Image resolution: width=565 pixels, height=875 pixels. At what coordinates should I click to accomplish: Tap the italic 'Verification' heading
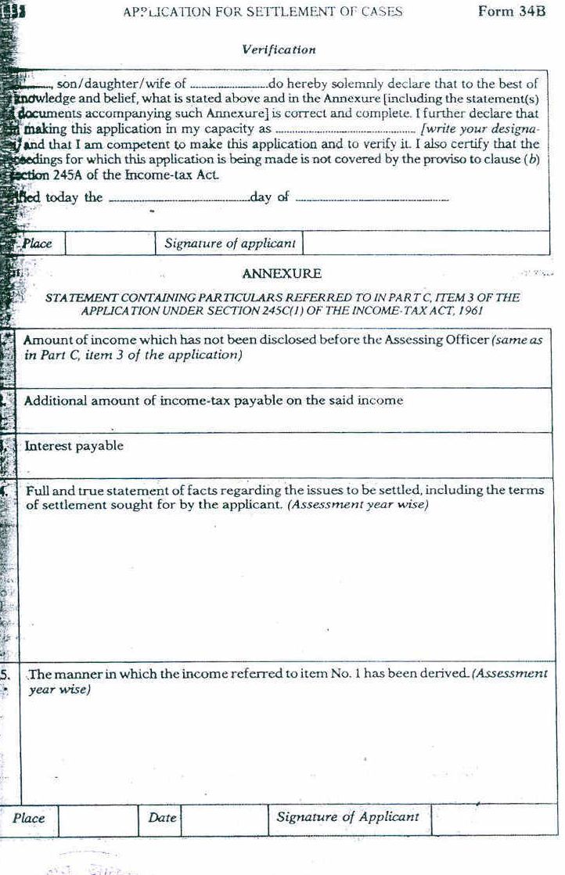pyautogui.click(x=279, y=49)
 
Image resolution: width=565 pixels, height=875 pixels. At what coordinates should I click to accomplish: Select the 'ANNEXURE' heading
pyautogui.click(x=282, y=274)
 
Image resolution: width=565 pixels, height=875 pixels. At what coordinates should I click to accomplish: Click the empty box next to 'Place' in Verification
pyautogui.click(x=110, y=243)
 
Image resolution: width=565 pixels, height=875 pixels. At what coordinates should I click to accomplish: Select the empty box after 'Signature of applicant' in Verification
pyautogui.click(x=425, y=243)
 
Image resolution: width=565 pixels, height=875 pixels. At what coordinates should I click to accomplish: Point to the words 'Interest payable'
pyautogui.click(x=74, y=446)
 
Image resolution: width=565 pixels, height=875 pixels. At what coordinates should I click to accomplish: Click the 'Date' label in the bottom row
pyautogui.click(x=162, y=818)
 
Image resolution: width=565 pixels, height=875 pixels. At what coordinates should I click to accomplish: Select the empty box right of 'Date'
pyautogui.click(x=224, y=819)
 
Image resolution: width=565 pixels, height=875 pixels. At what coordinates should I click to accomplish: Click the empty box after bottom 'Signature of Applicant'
pyautogui.click(x=493, y=819)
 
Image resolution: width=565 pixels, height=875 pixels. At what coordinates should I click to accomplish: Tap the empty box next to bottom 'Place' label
pyautogui.click(x=98, y=819)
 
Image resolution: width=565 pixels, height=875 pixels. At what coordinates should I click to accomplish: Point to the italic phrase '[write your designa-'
pyautogui.click(x=479, y=129)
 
